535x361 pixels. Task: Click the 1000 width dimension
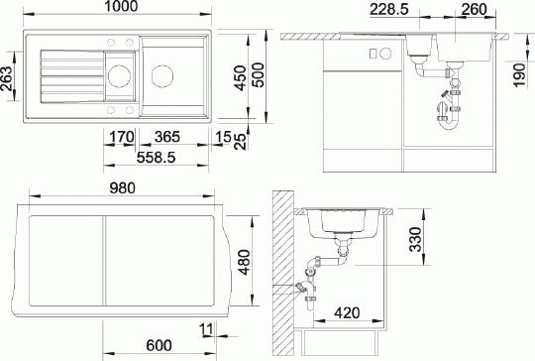[121, 6]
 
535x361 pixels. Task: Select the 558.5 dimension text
[156, 157]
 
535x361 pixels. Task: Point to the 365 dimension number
[167, 137]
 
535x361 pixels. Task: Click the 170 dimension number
[122, 137]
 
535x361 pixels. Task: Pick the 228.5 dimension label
[389, 9]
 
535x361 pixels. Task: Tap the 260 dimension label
[474, 9]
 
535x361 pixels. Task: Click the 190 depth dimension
[519, 74]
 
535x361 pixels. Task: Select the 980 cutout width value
[123, 188]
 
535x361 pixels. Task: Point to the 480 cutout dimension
[245, 262]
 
